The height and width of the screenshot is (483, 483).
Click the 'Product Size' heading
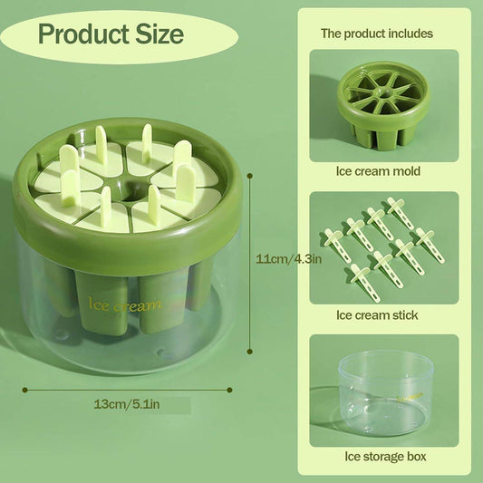pos(111,35)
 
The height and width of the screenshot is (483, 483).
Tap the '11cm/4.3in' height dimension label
pos(289,258)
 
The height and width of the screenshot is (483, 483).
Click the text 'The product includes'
pos(377,34)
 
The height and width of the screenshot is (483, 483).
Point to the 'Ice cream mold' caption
pos(378,170)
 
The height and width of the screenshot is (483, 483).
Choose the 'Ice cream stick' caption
pos(378,314)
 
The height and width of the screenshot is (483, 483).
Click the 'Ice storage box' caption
pos(378,457)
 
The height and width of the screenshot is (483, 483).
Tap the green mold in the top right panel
pos(382,103)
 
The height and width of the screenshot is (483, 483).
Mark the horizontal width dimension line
pos(127,390)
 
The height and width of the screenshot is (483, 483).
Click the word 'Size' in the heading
pos(159,35)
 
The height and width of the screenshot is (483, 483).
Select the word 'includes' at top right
pos(408,34)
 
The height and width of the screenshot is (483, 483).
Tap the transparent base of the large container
pos(127,349)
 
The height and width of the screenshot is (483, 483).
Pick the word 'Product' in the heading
pos(83,35)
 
